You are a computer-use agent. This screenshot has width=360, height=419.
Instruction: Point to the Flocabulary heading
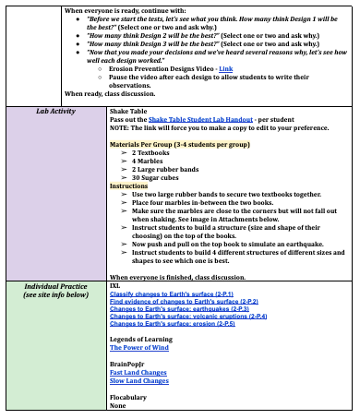coord(127,397)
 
